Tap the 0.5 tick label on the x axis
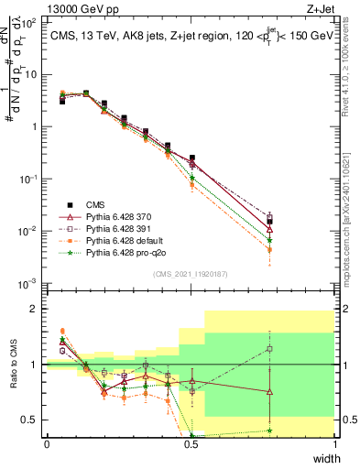click(x=191, y=444)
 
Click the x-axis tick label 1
click(x=335, y=444)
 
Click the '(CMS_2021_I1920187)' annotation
click(x=191, y=274)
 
